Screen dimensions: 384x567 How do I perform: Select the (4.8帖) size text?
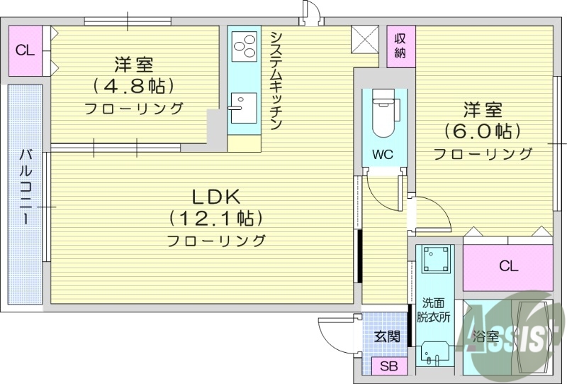[134, 87]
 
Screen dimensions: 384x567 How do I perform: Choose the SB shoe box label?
[388, 367]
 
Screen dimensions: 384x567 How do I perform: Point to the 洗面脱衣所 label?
[432, 310]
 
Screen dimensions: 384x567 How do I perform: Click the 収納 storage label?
[401, 45]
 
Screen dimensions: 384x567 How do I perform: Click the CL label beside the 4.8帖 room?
[26, 50]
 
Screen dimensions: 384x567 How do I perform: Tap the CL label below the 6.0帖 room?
[508, 266]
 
